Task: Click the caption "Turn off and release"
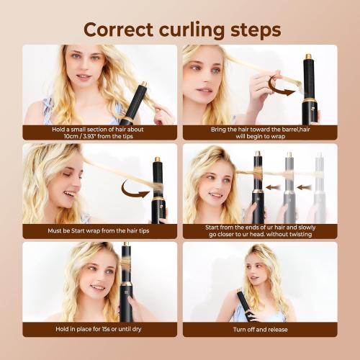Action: [x=259, y=330]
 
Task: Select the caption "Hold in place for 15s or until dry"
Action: [x=100, y=330]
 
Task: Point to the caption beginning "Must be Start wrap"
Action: [x=100, y=231]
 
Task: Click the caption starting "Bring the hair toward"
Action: [x=259, y=132]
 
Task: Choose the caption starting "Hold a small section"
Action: [x=100, y=132]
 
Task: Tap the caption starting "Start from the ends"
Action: [x=259, y=231]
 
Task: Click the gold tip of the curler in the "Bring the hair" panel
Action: [x=308, y=55]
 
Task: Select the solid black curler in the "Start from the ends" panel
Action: [x=257, y=184]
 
